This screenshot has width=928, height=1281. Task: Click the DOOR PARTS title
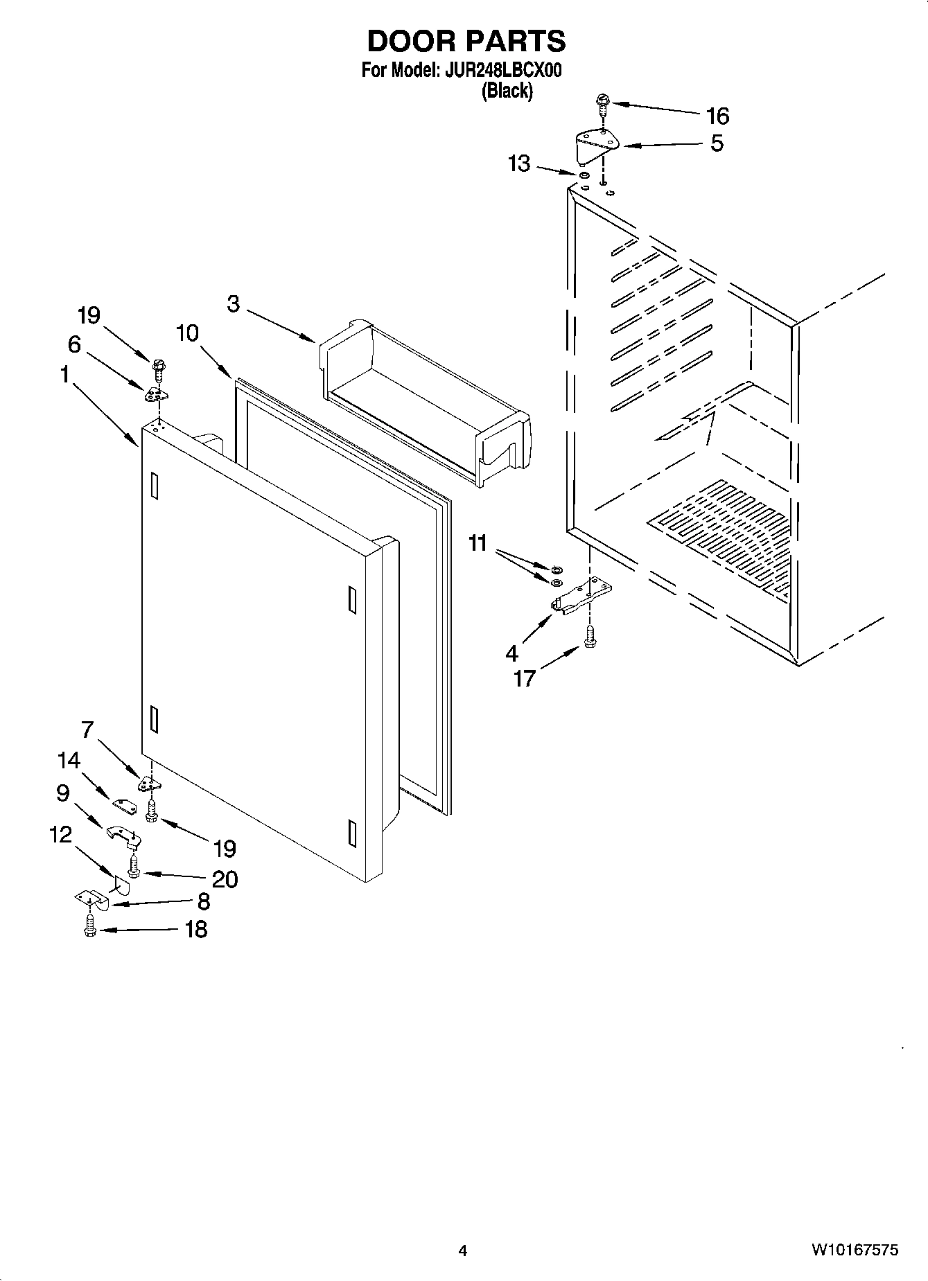pyautogui.click(x=466, y=42)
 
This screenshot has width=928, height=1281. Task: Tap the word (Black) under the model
pyautogui.click(x=507, y=91)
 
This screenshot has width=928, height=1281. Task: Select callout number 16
pyautogui.click(x=717, y=115)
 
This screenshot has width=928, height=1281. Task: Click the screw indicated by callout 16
pyautogui.click(x=602, y=104)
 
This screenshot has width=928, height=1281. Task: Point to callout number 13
pyautogui.click(x=519, y=164)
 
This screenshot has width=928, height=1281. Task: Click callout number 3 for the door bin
pyautogui.click(x=233, y=303)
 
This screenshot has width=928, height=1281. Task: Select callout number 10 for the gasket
pyautogui.click(x=187, y=333)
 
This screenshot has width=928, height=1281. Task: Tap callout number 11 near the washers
pyautogui.click(x=478, y=542)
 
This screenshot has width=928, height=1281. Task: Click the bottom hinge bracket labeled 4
pyautogui.click(x=581, y=596)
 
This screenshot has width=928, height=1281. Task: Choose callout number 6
pyautogui.click(x=74, y=344)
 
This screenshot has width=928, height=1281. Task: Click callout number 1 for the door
pyautogui.click(x=64, y=375)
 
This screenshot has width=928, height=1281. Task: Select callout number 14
pyautogui.click(x=69, y=761)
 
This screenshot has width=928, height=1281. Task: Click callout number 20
pyautogui.click(x=225, y=878)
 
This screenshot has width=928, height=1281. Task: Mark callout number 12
pyautogui.click(x=61, y=835)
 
